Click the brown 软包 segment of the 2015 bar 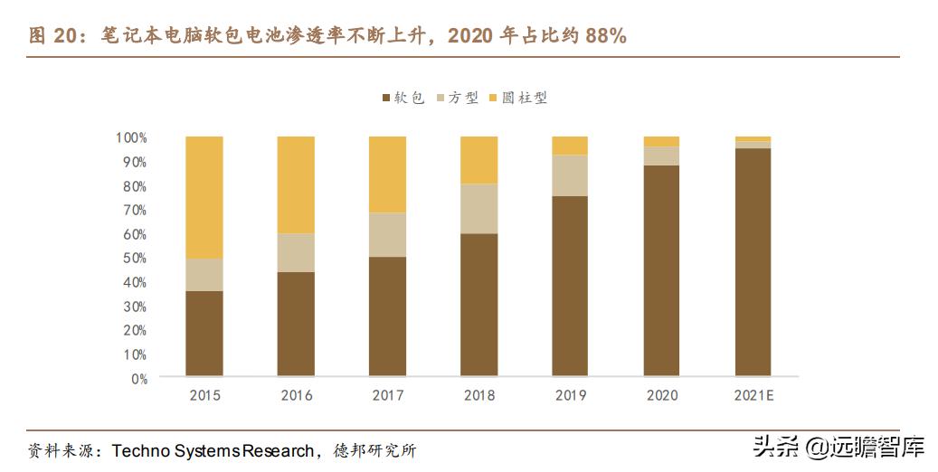pyautogui.click(x=204, y=333)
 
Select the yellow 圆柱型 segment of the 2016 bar pyautogui.click(x=296, y=184)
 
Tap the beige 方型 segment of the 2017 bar pyautogui.click(x=387, y=234)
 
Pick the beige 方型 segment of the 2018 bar pyautogui.click(x=478, y=208)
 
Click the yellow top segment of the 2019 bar pyautogui.click(x=570, y=146)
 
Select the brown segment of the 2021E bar pyautogui.click(x=753, y=261)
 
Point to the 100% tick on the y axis pyautogui.click(x=131, y=137)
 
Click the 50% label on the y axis pyautogui.click(x=134, y=259)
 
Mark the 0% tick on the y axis pyautogui.click(x=137, y=379)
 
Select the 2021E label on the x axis pyautogui.click(x=753, y=395)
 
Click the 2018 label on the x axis pyautogui.click(x=478, y=395)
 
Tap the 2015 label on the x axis pyautogui.click(x=204, y=395)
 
